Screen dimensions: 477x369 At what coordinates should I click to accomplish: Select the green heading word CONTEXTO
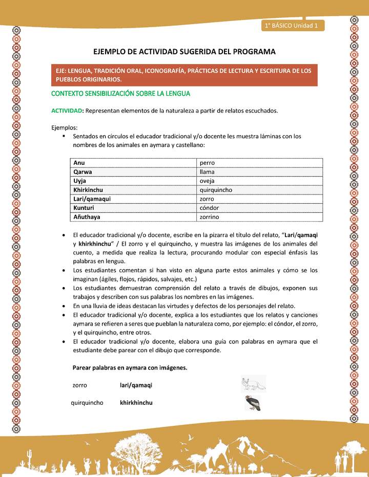[x=69, y=94]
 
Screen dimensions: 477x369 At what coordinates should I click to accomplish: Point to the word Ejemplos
[x=65, y=127]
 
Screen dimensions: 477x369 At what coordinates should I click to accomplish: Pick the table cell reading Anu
[x=79, y=163]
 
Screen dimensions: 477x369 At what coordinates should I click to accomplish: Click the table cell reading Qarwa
[x=83, y=172]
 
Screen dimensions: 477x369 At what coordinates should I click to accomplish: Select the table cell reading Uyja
[x=80, y=181]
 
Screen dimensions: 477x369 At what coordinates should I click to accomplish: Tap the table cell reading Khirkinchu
[x=88, y=190]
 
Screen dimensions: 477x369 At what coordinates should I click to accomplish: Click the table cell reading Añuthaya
[x=87, y=217]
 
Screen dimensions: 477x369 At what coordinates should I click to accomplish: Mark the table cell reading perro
[x=208, y=163]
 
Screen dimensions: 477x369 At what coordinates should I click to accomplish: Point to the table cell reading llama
[x=208, y=172]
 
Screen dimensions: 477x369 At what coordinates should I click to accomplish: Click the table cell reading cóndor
[x=210, y=208]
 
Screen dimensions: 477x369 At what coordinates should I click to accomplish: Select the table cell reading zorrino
[x=210, y=217]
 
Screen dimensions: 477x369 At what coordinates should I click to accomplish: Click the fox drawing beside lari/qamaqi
[x=253, y=384]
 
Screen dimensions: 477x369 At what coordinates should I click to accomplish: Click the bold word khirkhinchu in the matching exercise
[x=136, y=403]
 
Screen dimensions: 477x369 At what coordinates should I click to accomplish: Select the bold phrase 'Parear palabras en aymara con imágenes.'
[x=130, y=368]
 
